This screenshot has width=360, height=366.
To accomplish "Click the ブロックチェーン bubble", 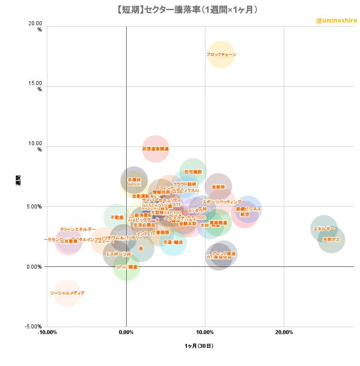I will tap(221, 54).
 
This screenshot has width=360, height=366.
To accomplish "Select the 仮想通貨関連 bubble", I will tap(155, 149).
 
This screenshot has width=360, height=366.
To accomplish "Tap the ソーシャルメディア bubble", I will tap(67, 293).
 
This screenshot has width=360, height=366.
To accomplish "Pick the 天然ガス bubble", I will tap(331, 239).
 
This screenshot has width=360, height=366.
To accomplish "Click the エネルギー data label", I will tap(324, 229).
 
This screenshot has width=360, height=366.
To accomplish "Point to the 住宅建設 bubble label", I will tap(193, 172).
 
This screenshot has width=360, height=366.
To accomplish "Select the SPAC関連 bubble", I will tap(127, 267).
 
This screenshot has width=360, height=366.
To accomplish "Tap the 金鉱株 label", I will tap(218, 187).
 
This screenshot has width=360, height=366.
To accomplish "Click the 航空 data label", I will tap(244, 214).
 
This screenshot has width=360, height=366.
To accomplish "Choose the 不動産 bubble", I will tap(117, 217).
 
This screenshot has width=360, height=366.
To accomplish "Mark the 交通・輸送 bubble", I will tap(173, 242).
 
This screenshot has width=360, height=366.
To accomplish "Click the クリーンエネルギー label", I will tap(78, 229).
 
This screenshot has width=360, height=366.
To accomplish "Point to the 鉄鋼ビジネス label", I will tap(248, 209).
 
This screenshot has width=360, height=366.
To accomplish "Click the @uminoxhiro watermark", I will tap(336, 20).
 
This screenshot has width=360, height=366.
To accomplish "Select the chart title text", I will tap(180, 9).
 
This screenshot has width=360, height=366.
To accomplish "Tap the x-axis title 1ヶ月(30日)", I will tap(200, 346).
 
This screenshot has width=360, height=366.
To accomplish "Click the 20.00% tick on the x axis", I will tap(283, 332).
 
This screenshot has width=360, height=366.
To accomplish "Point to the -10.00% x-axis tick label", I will tap(47, 332).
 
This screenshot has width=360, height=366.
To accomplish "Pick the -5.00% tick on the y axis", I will tap(34, 327).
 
